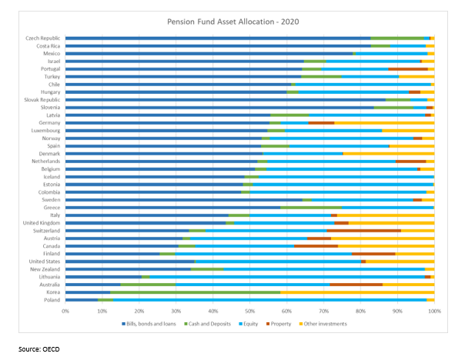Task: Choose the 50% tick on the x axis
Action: tap(249, 312)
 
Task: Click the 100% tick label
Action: tap(433, 312)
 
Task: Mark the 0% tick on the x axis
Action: tap(65, 312)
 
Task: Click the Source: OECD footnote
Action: tap(39, 349)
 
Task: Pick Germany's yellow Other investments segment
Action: tap(384, 122)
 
